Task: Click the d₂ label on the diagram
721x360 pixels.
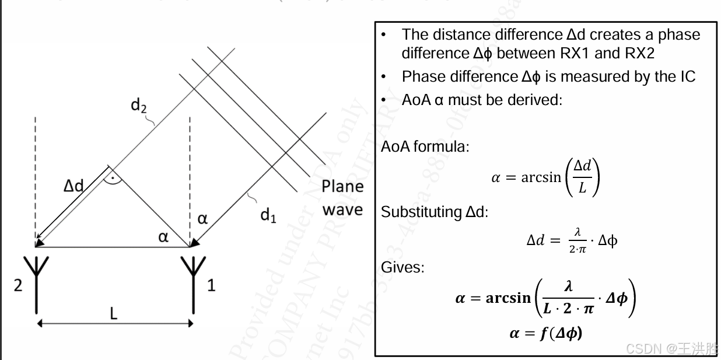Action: (139, 106)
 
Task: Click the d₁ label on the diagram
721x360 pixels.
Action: (268, 215)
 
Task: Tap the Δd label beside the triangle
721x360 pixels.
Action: (73, 186)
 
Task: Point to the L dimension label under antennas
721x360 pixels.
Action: (113, 313)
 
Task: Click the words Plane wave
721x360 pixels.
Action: (342, 198)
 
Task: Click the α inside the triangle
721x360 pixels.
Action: (164, 236)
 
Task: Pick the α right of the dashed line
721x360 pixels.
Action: (202, 219)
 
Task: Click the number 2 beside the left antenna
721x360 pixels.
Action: (18, 286)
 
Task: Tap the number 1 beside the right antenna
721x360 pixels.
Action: (211, 286)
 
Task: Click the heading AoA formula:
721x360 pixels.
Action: (425, 146)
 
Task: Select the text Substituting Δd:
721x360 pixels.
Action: (434, 212)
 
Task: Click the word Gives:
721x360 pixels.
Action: (402, 267)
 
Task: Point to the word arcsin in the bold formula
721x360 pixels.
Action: (508, 298)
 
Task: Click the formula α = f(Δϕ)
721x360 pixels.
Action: (546, 333)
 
